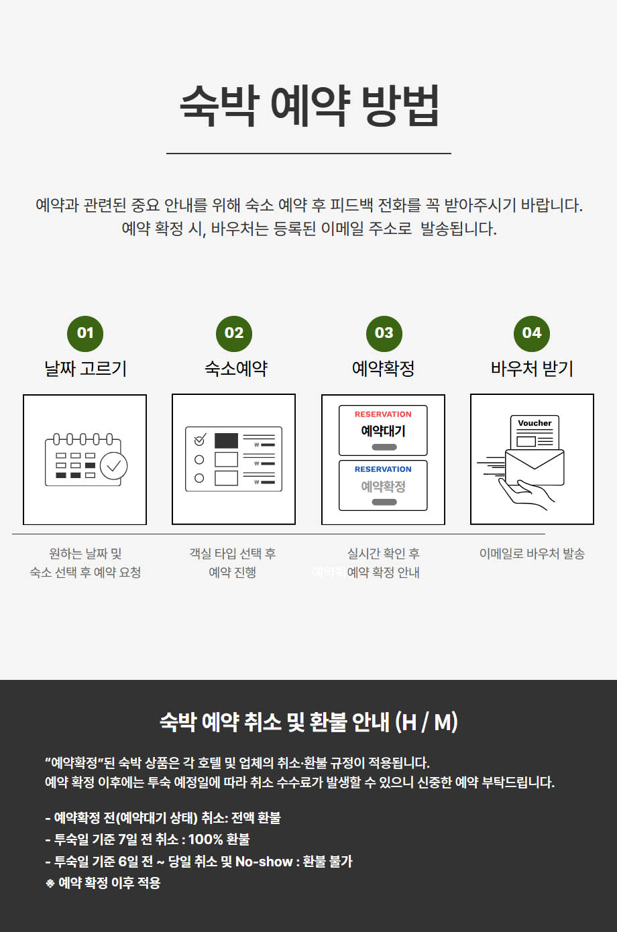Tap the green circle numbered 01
(x=85, y=334)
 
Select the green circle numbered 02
(x=234, y=334)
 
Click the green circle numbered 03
(x=384, y=334)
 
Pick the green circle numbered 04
(x=532, y=334)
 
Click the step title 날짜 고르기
(x=85, y=369)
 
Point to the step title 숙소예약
(x=236, y=369)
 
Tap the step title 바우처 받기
(x=532, y=369)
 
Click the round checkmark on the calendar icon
(x=113, y=466)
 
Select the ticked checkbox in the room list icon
(x=200, y=439)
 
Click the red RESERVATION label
(x=383, y=414)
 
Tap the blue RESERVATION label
(x=383, y=469)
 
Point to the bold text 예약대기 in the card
(x=383, y=431)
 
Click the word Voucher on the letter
(x=535, y=423)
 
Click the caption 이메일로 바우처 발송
(x=532, y=554)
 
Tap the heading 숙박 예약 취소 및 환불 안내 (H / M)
(x=308, y=722)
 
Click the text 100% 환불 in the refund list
(x=219, y=839)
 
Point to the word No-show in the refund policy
(x=264, y=862)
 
